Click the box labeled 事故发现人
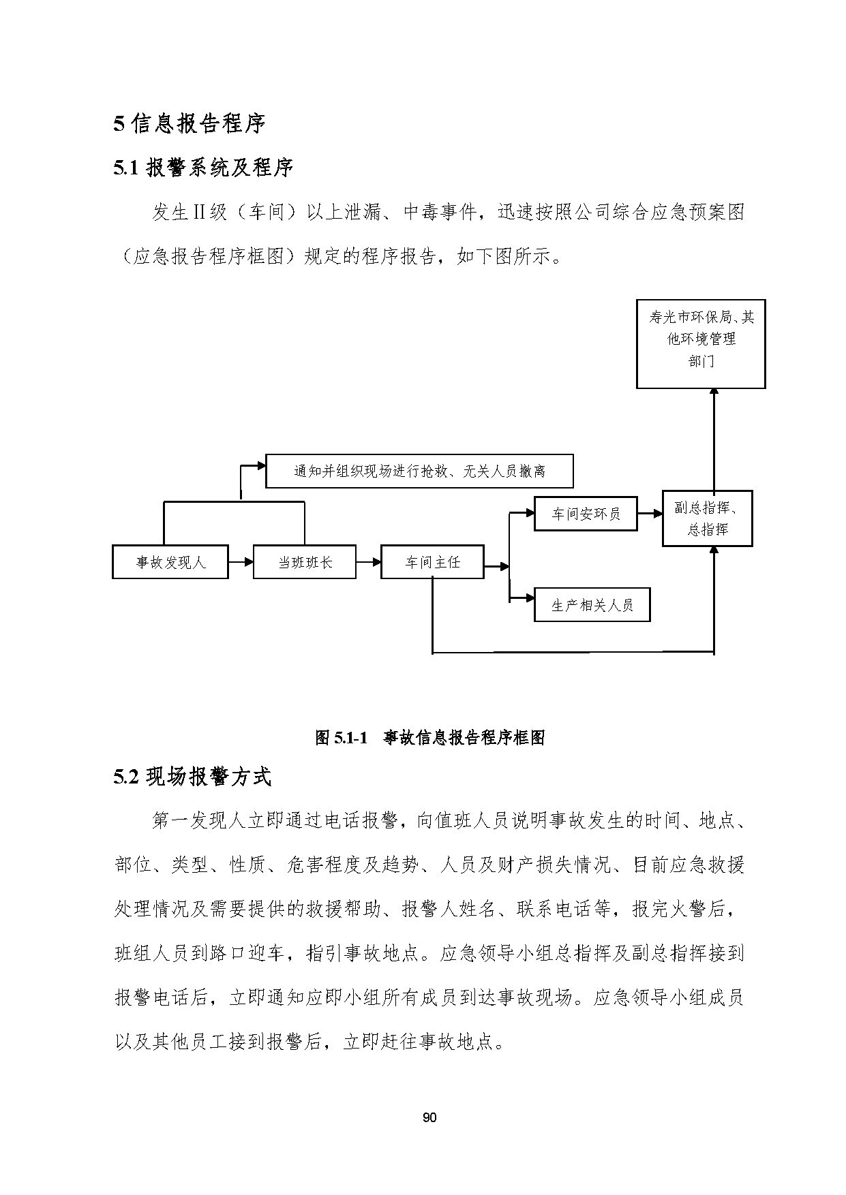170,561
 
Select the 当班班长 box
305,561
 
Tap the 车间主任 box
432,561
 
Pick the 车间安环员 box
586,514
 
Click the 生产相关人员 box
592,604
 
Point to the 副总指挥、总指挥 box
708,518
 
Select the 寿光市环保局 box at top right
701,344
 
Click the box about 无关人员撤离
419,471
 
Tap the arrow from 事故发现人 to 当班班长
241,562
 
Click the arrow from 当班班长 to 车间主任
368,562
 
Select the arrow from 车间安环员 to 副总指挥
650,513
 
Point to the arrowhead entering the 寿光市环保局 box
714,393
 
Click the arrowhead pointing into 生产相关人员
530,599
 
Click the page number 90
429,1117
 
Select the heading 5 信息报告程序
189,123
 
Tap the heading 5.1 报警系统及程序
203,168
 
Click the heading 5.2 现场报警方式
192,777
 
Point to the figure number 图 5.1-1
342,737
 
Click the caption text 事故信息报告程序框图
464,737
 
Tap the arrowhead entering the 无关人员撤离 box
261,466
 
